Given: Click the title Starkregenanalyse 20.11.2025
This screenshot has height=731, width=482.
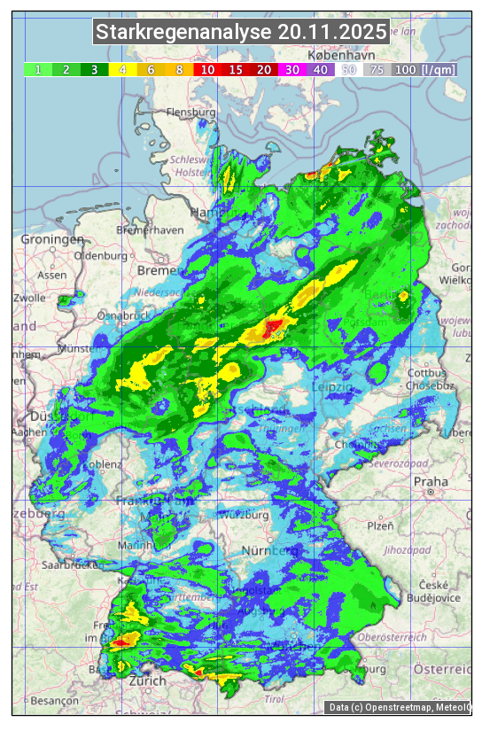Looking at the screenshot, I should [241, 33].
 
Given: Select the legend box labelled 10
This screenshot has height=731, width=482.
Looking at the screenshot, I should [207, 69].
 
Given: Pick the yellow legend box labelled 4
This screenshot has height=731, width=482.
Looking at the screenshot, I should [123, 69].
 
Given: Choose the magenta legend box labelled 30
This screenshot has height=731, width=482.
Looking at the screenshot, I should [292, 69].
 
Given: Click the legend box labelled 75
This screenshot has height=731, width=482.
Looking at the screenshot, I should [377, 69].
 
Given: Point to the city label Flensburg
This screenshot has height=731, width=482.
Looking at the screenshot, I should [191, 113].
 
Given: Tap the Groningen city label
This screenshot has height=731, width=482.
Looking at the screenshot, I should [52, 240].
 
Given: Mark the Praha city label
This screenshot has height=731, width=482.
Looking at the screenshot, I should [431, 482].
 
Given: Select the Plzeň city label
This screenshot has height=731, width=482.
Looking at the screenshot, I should [380, 525].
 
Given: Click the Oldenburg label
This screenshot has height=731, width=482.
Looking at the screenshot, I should [101, 255].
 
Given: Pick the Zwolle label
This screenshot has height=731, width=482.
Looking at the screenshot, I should [28, 298].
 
